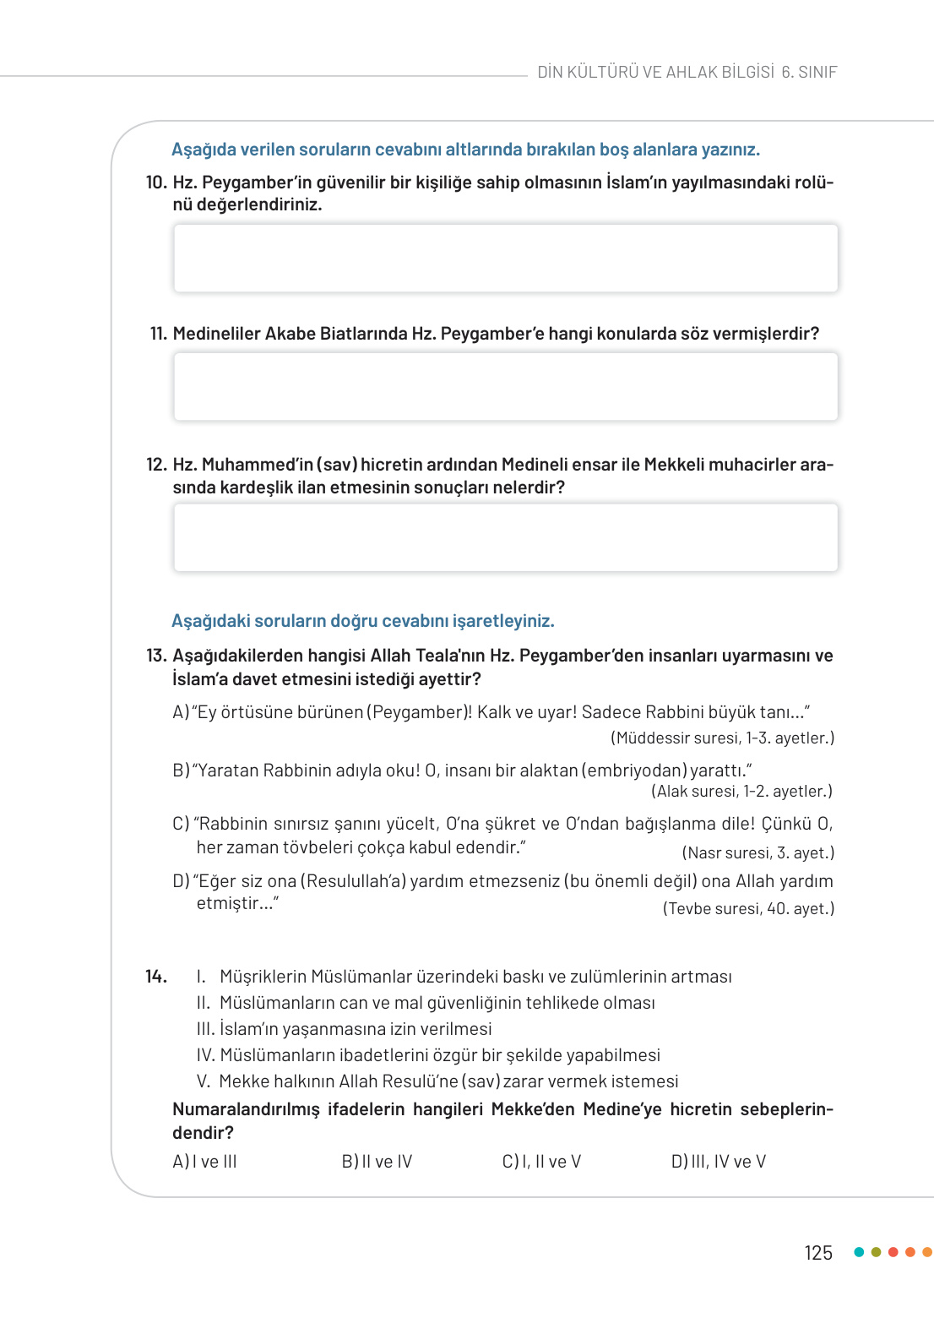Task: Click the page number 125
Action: (817, 1253)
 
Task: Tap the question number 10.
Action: (156, 182)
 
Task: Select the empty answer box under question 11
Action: (505, 387)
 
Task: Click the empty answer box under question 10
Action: (505, 259)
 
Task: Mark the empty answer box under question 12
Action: (505, 538)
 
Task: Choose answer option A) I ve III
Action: (204, 1162)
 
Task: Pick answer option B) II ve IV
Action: (377, 1162)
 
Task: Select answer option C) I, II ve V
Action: (541, 1162)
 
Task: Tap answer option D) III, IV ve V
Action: (718, 1162)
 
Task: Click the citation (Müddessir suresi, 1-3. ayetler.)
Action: (722, 738)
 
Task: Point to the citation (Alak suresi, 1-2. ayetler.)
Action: (741, 792)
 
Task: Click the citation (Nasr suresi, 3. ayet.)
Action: (758, 853)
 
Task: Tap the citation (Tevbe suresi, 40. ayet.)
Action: (748, 909)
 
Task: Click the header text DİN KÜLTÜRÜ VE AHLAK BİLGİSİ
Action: (655, 73)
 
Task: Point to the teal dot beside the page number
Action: (859, 1252)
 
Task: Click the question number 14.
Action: (156, 977)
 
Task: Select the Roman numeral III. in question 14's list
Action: (205, 1029)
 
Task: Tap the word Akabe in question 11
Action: (290, 334)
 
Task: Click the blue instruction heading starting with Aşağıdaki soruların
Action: (362, 621)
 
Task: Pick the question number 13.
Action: (156, 656)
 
